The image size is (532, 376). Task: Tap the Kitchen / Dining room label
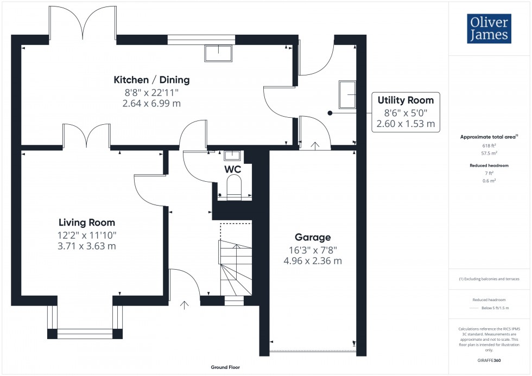coord(151,80)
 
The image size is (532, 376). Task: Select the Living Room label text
coord(87,222)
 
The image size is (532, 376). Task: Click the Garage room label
coord(313,237)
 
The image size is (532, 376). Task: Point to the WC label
coord(233,169)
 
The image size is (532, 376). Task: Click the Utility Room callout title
coord(406,100)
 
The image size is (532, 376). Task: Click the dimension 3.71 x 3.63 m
coord(87,246)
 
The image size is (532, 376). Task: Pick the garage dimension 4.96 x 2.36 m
coord(313,260)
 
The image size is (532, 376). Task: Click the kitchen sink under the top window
coord(218,53)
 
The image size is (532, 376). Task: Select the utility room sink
coord(347,95)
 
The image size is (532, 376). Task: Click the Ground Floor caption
coord(225,367)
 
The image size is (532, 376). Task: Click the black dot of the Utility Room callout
coord(330,113)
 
